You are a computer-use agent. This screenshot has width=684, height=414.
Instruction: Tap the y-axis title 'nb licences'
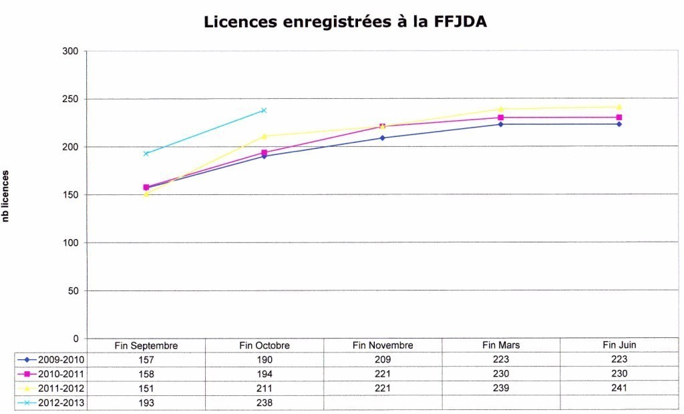[6, 195]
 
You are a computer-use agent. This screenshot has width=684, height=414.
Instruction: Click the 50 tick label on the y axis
[72, 290]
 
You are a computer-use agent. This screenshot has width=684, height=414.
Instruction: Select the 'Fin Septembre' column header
[146, 345]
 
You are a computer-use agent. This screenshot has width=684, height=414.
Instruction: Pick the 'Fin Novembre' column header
[383, 345]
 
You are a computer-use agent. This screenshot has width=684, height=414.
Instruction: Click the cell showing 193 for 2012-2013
[146, 403]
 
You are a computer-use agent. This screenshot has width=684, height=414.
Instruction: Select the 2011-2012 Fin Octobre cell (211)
[265, 389]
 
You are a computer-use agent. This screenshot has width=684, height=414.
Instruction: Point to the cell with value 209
[383, 359]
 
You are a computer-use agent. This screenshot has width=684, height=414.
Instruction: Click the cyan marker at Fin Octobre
[264, 110]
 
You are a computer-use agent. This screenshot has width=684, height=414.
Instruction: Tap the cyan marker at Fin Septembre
[146, 154]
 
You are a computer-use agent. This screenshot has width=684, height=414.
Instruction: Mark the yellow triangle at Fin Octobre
[264, 136]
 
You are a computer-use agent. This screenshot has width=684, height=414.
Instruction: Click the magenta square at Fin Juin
[619, 118]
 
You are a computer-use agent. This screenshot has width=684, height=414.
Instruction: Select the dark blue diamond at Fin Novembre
[382, 138]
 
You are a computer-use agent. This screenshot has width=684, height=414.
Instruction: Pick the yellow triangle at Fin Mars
[500, 109]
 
